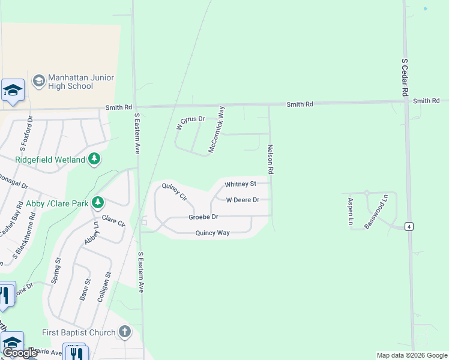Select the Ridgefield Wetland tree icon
(94, 159)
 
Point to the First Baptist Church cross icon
(124, 332)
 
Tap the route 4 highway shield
(409, 226)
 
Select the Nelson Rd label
(271, 160)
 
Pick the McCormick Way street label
(216, 129)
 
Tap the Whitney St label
(240, 184)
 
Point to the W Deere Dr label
(243, 200)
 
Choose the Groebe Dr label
(203, 217)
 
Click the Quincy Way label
(212, 233)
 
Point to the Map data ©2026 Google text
(412, 355)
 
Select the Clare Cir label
(113, 221)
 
